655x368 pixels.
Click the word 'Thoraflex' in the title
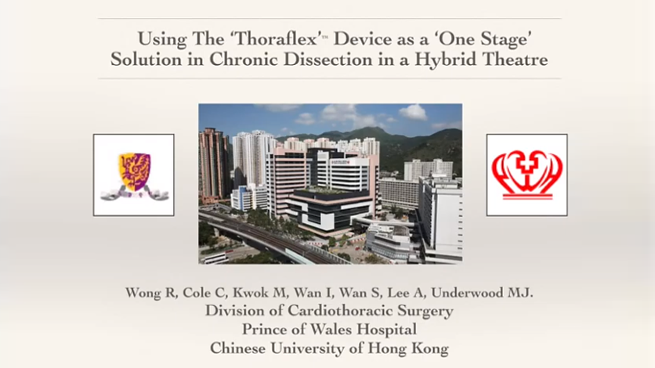click(x=277, y=39)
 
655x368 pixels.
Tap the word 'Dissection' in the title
click(x=328, y=59)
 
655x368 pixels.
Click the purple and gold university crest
click(x=134, y=175)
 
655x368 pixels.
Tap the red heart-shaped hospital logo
click(x=527, y=175)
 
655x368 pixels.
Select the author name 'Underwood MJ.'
click(x=482, y=293)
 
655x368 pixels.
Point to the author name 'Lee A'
click(x=404, y=293)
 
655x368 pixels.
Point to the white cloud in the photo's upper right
click(x=413, y=112)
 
